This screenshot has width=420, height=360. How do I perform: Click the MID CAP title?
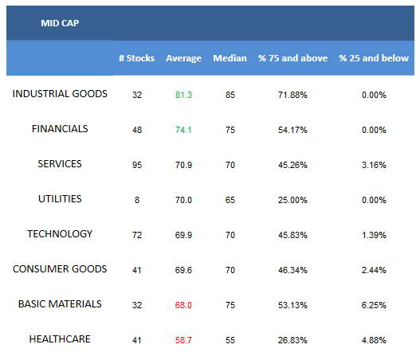tap(60, 23)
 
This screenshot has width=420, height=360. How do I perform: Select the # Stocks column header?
tap(136, 58)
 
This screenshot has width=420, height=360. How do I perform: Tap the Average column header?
tap(183, 58)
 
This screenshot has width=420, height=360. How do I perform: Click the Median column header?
tap(230, 58)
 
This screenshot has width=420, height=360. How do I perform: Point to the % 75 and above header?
tap(292, 58)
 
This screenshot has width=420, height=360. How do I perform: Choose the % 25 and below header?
tap(374, 58)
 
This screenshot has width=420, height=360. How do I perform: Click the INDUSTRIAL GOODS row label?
tap(60, 94)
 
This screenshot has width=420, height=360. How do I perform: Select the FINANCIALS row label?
tap(60, 129)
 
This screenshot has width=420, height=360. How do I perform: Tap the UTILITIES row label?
tap(60, 199)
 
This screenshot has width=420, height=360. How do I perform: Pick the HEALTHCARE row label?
tap(60, 339)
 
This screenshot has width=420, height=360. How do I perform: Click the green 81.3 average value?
tap(183, 95)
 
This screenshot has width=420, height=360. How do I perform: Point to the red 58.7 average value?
tap(183, 340)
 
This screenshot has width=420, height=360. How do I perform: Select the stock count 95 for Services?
tap(137, 165)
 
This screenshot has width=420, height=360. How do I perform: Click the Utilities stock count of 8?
tap(137, 200)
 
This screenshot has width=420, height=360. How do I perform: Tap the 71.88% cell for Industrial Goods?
tap(292, 95)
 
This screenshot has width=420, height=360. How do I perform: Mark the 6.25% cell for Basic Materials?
tap(374, 305)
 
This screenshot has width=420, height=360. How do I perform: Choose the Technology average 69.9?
tap(183, 235)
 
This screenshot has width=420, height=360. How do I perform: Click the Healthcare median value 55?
tap(230, 340)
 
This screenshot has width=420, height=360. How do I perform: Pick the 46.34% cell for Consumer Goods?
tap(292, 270)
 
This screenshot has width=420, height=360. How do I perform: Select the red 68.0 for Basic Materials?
tap(183, 305)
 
